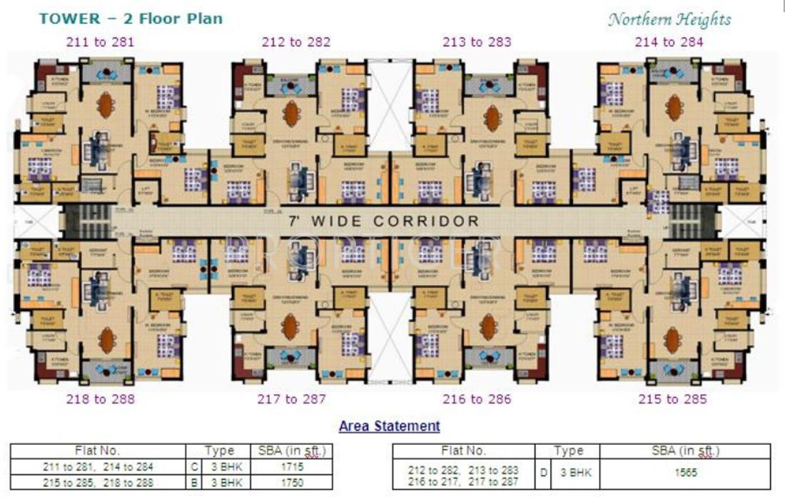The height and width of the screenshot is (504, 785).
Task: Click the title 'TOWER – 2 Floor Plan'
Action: [131, 19]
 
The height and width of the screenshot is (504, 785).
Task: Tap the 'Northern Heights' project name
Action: [669, 19]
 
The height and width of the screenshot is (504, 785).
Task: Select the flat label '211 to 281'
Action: [100, 42]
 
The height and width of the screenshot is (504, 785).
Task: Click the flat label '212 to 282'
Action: [296, 42]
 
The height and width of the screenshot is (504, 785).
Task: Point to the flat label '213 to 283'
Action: [477, 42]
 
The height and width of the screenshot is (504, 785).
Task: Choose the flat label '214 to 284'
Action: [669, 42]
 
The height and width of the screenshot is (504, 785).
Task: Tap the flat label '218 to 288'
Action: [100, 399]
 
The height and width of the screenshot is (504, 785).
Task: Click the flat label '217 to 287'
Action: [291, 399]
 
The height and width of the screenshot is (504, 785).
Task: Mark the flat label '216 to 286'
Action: [477, 399]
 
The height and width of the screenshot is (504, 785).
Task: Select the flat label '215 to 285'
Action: [672, 399]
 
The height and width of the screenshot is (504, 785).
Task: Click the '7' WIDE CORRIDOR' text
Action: [383, 221]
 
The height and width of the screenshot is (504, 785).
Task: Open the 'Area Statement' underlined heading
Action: [390, 427]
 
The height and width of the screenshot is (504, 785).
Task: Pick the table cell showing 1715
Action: [292, 467]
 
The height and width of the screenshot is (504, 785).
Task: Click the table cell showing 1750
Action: [292, 483]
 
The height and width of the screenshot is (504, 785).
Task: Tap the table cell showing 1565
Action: [685, 473]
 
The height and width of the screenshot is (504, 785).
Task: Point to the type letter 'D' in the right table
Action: [543, 473]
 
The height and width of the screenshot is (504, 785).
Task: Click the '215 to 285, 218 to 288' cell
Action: [98, 483]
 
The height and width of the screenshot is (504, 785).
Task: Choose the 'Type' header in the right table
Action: [568, 451]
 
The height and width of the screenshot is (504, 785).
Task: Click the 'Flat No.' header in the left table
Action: [98, 451]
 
